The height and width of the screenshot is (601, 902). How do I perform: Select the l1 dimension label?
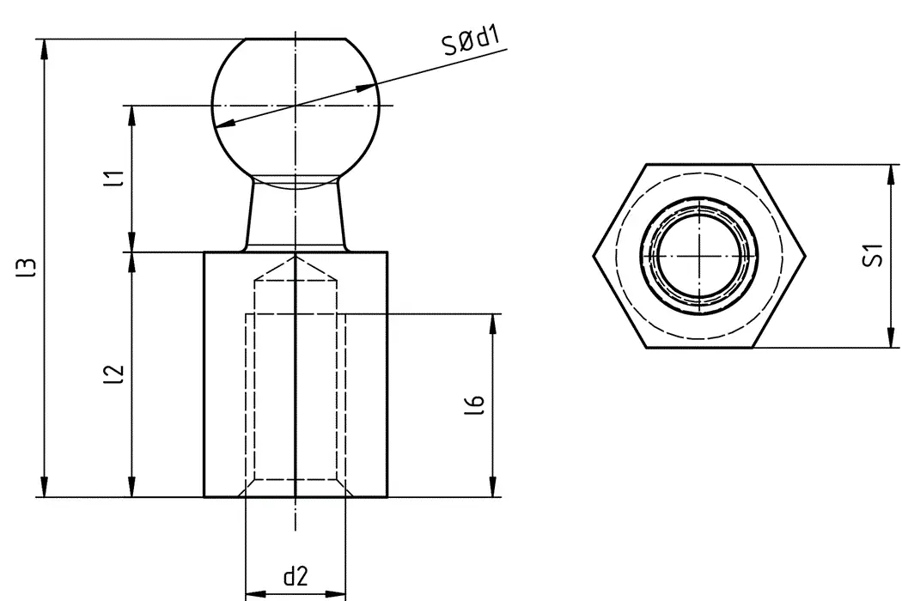[111, 179]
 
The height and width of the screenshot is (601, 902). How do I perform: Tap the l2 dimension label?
[111, 374]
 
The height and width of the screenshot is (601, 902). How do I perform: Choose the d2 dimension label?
[296, 577]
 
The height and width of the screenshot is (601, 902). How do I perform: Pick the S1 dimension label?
[873, 255]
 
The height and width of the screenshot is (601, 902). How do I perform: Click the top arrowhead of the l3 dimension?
[44, 46]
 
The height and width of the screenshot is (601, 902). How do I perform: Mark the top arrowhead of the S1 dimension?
[890, 172]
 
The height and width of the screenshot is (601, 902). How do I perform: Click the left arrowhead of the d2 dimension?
[253, 593]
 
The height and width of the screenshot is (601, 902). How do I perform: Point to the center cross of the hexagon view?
[700, 256]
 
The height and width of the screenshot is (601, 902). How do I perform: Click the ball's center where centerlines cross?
[296, 106]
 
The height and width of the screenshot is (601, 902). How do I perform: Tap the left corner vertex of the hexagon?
[594, 256]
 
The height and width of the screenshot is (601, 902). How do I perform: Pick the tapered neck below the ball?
[296, 215]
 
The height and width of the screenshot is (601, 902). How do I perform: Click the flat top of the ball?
[296, 39]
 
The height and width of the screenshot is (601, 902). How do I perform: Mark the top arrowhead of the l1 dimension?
[131, 113]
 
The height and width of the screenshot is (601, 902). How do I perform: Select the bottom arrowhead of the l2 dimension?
[131, 489]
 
